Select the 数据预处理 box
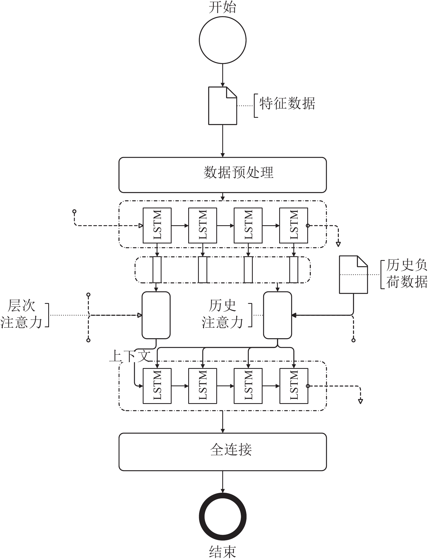pyautogui.click(x=223, y=175)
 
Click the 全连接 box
pyautogui.click(x=223, y=452)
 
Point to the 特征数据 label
pyautogui.click(x=287, y=104)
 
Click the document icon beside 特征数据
pyautogui.click(x=223, y=106)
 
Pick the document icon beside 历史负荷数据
pyautogui.click(x=353, y=274)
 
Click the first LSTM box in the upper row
pyautogui.click(x=157, y=226)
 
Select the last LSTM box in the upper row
pyautogui.click(x=294, y=226)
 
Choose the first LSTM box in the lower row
pyautogui.click(x=157, y=386)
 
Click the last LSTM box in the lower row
pyautogui.click(x=294, y=386)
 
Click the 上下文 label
pyautogui.click(x=130, y=356)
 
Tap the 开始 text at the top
pyautogui.click(x=222, y=7)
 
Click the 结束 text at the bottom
pyautogui.click(x=222, y=552)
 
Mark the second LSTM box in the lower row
pyautogui.click(x=203, y=386)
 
